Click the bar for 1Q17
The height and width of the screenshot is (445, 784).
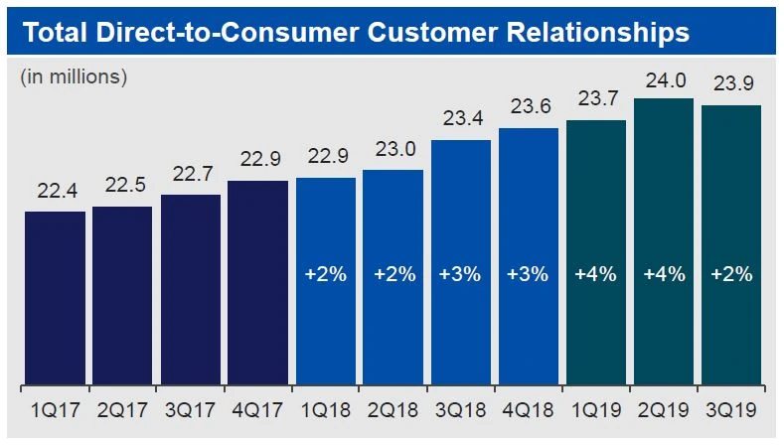click(55, 298)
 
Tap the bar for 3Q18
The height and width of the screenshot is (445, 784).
click(461, 262)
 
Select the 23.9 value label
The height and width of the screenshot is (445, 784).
click(731, 84)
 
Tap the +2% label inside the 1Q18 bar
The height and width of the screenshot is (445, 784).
click(325, 274)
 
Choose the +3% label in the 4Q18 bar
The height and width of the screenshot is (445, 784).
click(528, 274)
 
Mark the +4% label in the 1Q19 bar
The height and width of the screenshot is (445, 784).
click(595, 274)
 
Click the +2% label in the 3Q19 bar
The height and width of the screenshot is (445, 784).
click(731, 274)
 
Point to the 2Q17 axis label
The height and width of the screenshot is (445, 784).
click(122, 409)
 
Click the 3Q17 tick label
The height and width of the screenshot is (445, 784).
click(190, 409)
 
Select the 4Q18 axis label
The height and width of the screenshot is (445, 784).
click(528, 409)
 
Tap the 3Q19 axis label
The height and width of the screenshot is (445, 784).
click(731, 409)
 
